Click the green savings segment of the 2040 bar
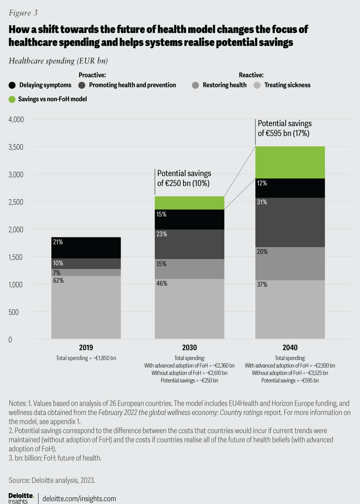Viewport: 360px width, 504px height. tap(290, 162)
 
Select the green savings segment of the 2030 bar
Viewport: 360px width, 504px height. tap(189, 203)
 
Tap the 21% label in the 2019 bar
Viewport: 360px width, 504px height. tap(58, 242)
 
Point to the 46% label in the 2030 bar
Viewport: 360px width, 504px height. tap(162, 283)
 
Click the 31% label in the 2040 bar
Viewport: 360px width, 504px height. tap(262, 202)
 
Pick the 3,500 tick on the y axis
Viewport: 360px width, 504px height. tap(16, 147)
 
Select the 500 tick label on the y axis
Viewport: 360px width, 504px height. tap(13, 312)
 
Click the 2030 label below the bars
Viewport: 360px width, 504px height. tap(189, 348)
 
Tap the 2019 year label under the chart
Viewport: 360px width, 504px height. tap(86, 348)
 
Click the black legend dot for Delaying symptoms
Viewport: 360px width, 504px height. tap(12, 85)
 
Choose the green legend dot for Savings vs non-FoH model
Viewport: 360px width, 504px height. tap(12, 99)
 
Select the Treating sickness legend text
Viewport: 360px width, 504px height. tap(287, 85)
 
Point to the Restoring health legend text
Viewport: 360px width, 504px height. tap(225, 85)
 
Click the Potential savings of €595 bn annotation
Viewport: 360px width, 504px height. tap(284, 128)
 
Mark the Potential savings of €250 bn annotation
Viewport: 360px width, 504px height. tap(184, 178)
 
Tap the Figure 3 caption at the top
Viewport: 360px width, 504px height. tap(23, 13)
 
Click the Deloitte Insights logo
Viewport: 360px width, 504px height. tap(21, 498)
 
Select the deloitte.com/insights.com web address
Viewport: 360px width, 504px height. tap(79, 499)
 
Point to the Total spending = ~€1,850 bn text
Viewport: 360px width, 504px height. tap(86, 358)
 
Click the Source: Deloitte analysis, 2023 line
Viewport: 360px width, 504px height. tap(52, 480)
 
